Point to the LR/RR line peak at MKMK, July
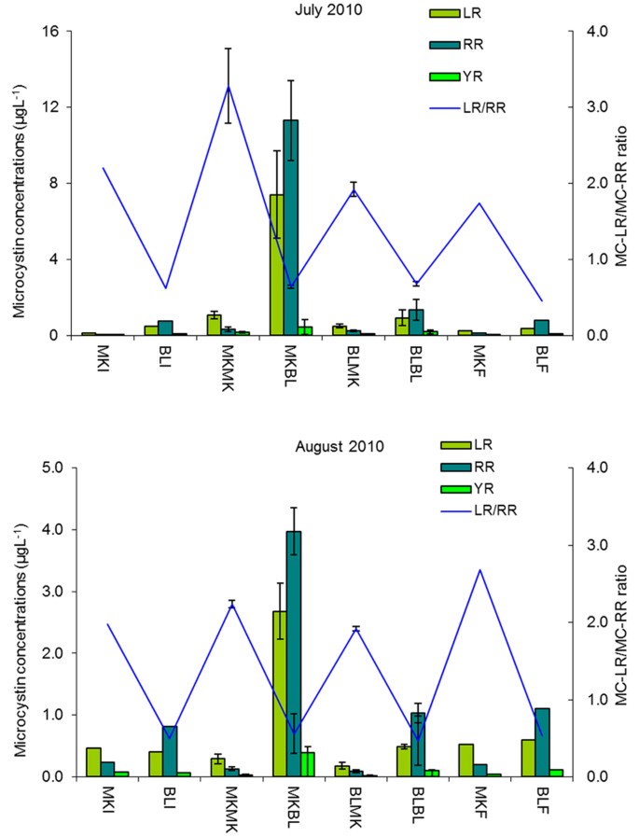229,86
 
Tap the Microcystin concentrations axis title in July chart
18,184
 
